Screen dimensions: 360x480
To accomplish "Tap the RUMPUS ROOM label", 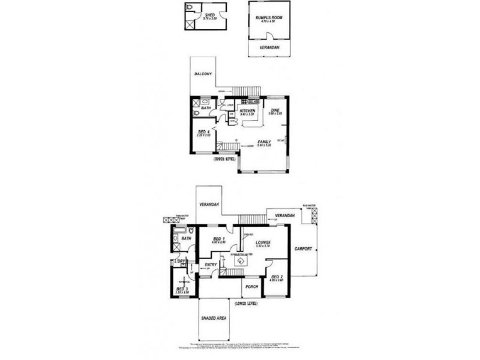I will (x=268, y=17).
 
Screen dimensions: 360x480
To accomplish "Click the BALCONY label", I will (x=203, y=74).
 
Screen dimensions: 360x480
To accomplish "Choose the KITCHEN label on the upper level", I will (x=248, y=111).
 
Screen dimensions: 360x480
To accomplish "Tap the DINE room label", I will (x=275, y=110).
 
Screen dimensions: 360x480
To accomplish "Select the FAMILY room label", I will (x=264, y=142).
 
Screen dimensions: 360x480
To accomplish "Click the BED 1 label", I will (x=218, y=239).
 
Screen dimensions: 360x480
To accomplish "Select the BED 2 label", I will (x=276, y=277).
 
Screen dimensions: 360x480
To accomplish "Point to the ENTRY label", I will (x=211, y=265).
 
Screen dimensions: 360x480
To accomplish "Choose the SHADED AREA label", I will (x=212, y=319).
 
